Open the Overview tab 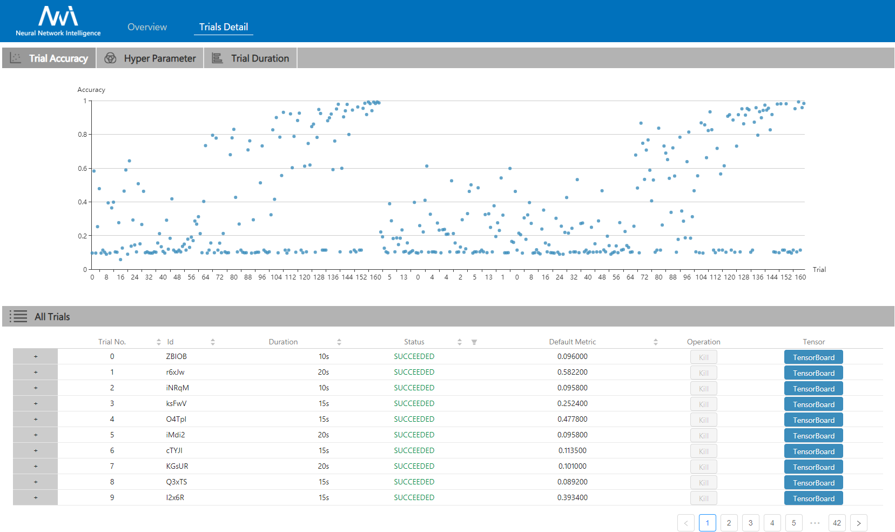pos(147,27)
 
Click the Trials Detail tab pos(223,27)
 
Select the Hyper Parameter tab pos(150,58)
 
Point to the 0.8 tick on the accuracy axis pos(82,135)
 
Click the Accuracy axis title pos(91,90)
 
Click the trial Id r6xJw pos(175,372)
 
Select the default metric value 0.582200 pos(572,372)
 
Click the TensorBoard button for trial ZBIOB pos(813,357)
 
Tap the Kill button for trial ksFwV pos(703,404)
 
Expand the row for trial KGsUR pos(36,466)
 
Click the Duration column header pos(283,342)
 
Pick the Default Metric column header pos(572,342)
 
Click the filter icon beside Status pos(474,342)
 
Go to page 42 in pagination pos(837,523)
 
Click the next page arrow pos(858,523)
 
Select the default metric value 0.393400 pos(572,497)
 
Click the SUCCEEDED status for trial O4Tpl pos(414,419)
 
